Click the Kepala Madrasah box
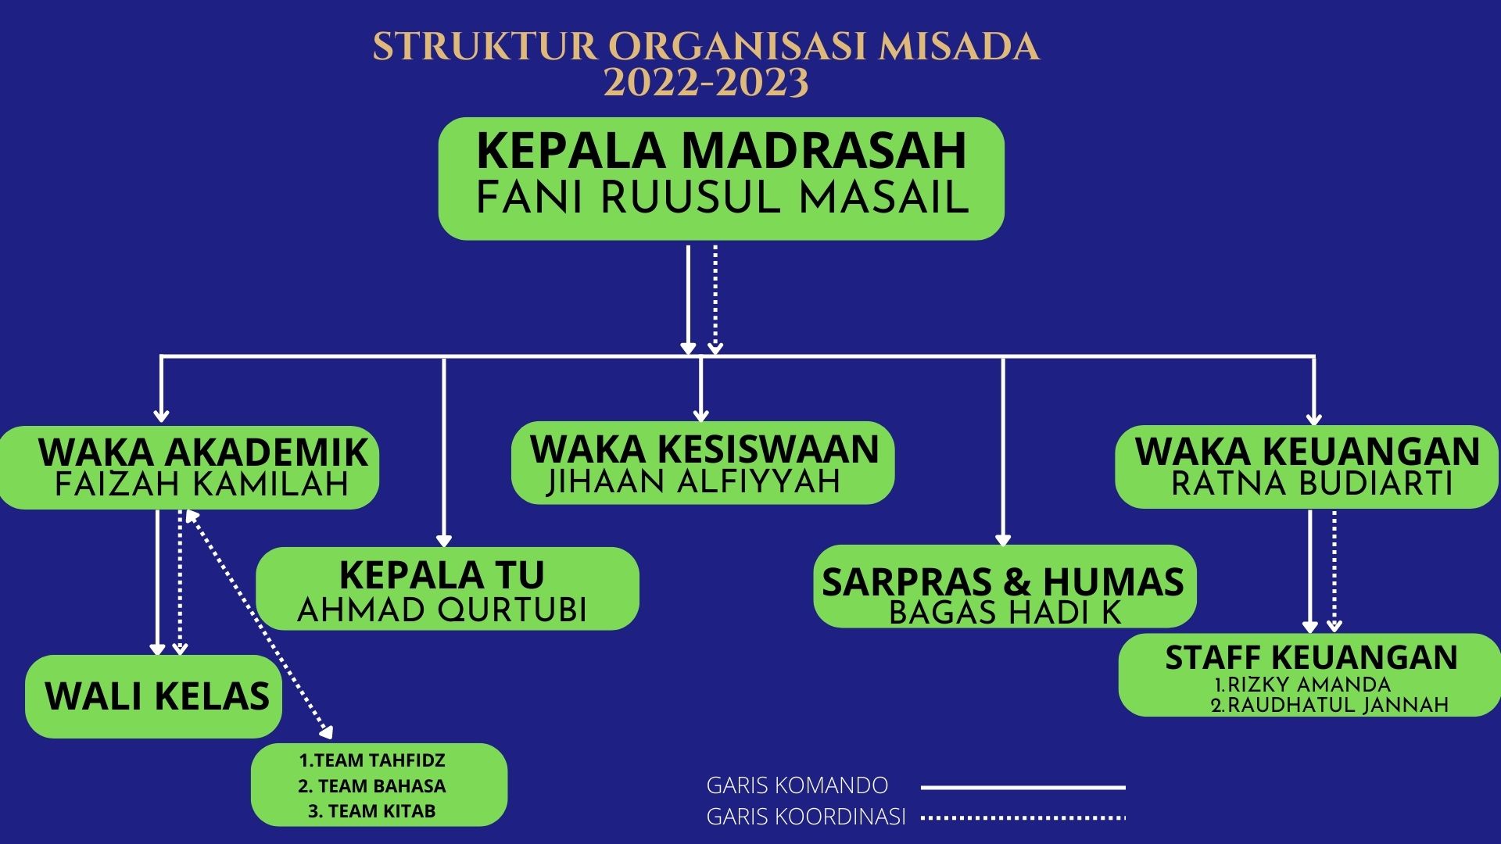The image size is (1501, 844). click(721, 178)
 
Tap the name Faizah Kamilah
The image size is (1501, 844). click(202, 485)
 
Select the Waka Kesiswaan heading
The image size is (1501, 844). click(704, 449)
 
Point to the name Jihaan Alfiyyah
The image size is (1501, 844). click(693, 481)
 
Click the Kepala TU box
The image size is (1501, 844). click(447, 588)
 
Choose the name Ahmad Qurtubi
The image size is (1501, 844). click(442, 610)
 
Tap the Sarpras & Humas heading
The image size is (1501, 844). click(1003, 582)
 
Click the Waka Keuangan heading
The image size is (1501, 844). click(1307, 452)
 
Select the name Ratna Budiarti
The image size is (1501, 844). click(1311, 484)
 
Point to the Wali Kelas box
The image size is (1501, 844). click(154, 696)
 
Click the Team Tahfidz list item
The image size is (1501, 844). click(372, 760)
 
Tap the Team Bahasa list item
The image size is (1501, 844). click(372, 785)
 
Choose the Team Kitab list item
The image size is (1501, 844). click(372, 811)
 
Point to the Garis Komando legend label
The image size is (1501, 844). click(797, 785)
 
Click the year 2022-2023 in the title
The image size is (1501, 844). click(706, 82)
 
